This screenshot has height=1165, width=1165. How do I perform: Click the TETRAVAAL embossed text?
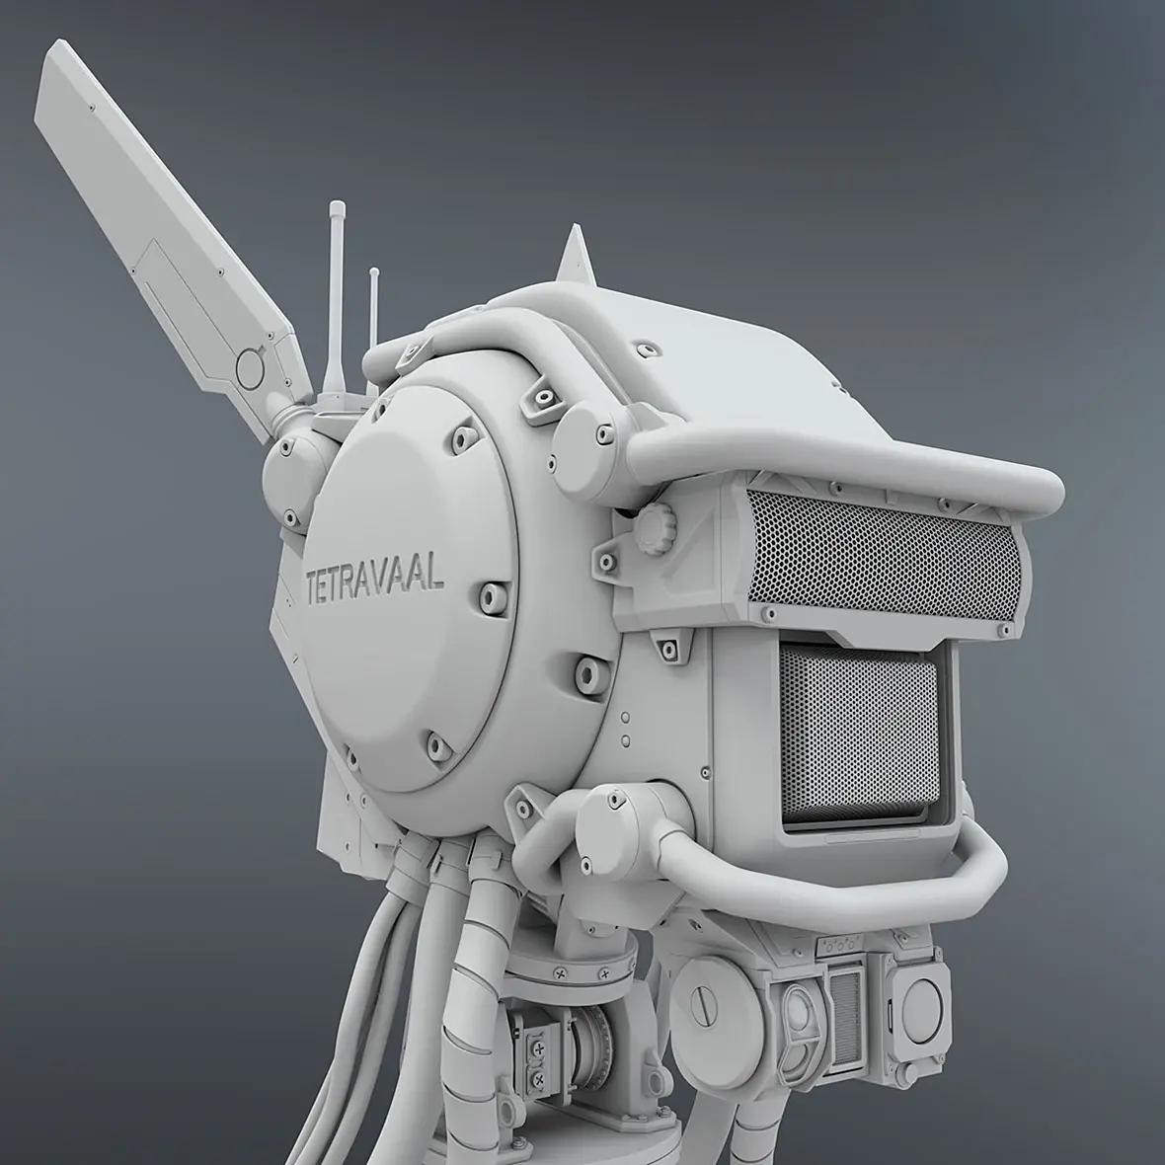375,579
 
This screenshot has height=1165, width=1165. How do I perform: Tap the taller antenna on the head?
336,305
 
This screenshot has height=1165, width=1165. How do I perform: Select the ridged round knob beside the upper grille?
655,528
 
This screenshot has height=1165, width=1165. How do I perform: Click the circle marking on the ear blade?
251,366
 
